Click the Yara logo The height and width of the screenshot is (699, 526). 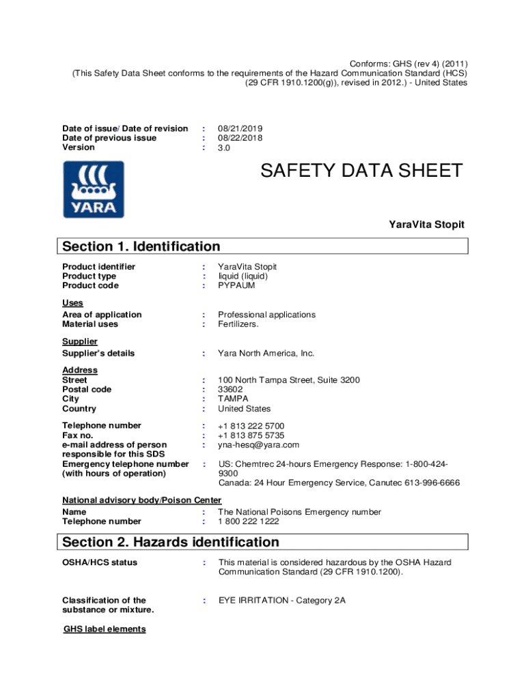pos(94,189)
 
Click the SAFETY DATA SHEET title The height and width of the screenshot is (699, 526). pos(361,171)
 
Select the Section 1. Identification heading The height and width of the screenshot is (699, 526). pos(141,246)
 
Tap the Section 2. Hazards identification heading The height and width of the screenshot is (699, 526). pos(171,542)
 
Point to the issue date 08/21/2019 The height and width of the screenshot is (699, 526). pos(240,128)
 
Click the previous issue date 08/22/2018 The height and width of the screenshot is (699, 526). pos(240,138)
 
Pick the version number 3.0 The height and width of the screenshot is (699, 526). pos(224,147)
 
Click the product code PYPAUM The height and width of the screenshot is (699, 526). pos(236,285)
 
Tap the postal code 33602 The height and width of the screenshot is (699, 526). pos(230,389)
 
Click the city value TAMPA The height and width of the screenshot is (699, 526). pos(233,399)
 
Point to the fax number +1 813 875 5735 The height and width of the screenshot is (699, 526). pos(251,436)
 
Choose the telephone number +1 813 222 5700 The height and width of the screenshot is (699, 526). pos(251,426)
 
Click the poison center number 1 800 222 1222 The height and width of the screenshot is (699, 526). pos(249,522)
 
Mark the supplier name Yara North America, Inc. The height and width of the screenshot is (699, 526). pos(266,354)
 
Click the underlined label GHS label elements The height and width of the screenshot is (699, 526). pos(105,629)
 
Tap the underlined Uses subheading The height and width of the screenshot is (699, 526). pos(72,303)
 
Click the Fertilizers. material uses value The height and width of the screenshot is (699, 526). pos(238,324)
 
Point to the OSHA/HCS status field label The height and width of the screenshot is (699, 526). pos(100,562)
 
